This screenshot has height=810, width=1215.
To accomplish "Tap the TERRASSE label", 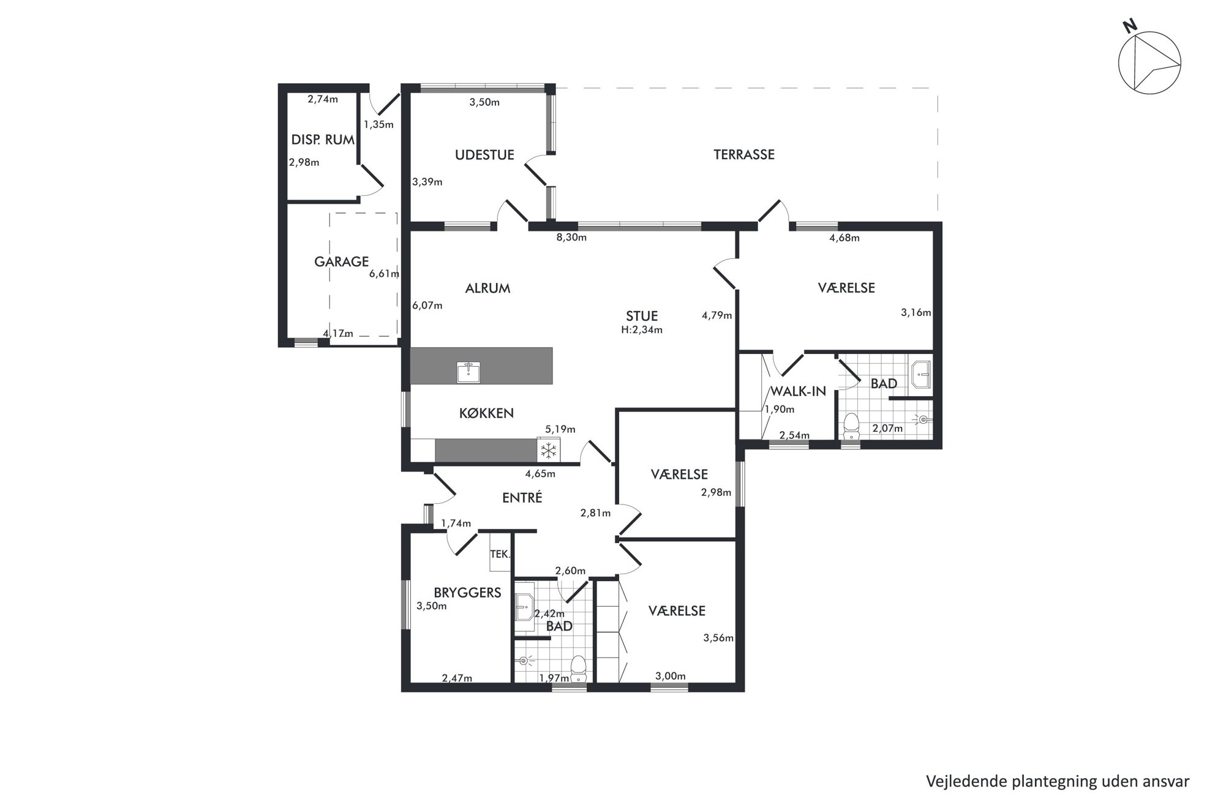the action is click(743, 155).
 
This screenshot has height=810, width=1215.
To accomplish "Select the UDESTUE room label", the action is click(484, 155).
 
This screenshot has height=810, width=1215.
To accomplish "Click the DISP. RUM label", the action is click(323, 140).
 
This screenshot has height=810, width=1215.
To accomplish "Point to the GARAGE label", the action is click(341, 262).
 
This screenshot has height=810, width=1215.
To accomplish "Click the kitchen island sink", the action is click(468, 372).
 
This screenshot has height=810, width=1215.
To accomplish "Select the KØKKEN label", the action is click(486, 413).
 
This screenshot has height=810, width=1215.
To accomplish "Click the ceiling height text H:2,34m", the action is click(642, 330).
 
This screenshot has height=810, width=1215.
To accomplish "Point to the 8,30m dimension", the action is click(571, 238).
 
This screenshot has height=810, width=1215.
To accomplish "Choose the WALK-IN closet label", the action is click(798, 391).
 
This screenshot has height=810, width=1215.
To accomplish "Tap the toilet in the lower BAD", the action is click(579, 669).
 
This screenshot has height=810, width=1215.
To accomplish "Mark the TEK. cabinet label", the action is click(500, 554).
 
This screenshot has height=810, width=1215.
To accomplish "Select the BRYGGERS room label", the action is click(467, 593).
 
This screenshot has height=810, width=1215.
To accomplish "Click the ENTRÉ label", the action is click(522, 498).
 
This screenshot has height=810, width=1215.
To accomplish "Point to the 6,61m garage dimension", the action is click(384, 274).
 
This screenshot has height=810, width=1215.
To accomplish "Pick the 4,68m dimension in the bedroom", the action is click(844, 238).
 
